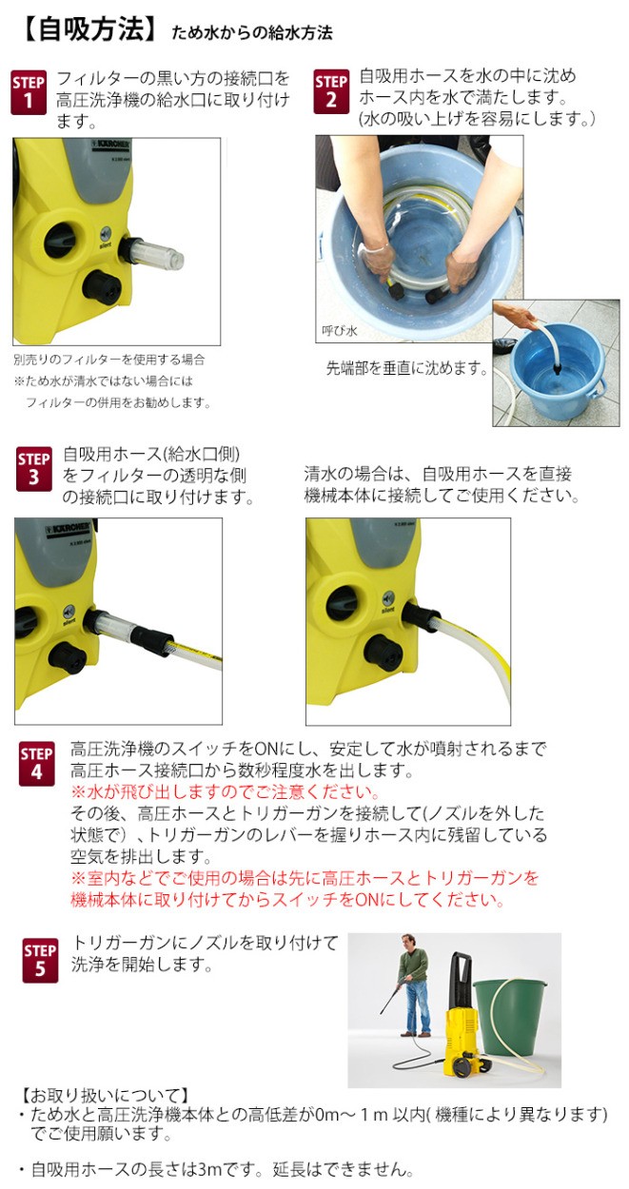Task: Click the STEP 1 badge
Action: click(29, 92)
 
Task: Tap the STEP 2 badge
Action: click(331, 92)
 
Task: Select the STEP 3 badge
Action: click(34, 469)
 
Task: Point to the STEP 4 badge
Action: click(36, 764)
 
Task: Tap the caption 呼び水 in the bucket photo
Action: click(339, 330)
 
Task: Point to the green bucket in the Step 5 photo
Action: click(511, 1013)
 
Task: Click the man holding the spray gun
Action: click(411, 984)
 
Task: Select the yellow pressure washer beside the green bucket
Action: click(463, 1023)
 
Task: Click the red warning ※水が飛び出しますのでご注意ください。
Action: click(226, 792)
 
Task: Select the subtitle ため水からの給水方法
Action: click(251, 33)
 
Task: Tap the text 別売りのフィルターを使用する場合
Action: click(108, 361)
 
